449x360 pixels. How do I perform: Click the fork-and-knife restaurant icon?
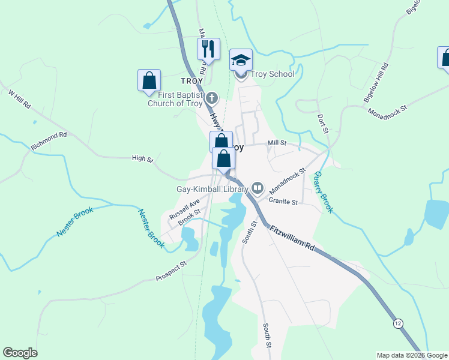(x=208, y=48)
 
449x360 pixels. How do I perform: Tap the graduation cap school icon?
(x=241, y=59)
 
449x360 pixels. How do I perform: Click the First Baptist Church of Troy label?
(x=175, y=98)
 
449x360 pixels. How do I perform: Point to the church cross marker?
(x=211, y=98)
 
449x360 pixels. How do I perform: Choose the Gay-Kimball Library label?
(x=212, y=189)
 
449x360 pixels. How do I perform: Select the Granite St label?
(x=283, y=202)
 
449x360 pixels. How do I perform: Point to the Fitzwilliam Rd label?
(x=292, y=238)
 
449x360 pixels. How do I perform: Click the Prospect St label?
(x=171, y=271)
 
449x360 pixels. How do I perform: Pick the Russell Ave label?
(x=184, y=208)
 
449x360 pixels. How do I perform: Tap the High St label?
(x=143, y=158)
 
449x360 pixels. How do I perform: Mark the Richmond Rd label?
(x=49, y=141)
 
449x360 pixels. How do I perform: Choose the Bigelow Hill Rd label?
(x=376, y=82)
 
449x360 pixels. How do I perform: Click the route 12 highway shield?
(x=398, y=323)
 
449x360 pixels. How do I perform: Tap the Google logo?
(x=20, y=353)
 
